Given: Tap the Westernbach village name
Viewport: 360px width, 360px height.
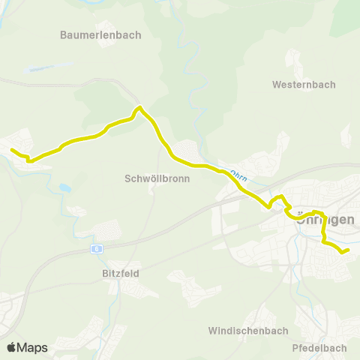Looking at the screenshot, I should tap(304, 84).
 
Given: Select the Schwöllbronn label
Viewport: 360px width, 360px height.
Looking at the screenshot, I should tap(157, 179).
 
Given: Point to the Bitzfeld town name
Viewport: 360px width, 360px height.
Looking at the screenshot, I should tap(120, 274).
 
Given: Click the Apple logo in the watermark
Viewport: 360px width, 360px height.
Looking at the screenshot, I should tap(12, 347).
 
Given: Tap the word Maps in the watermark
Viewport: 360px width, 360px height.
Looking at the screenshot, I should tap(33, 347).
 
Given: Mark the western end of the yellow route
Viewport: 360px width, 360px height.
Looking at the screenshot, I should tap(12, 150).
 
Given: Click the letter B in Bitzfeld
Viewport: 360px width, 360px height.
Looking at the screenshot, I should tap(105, 274).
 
